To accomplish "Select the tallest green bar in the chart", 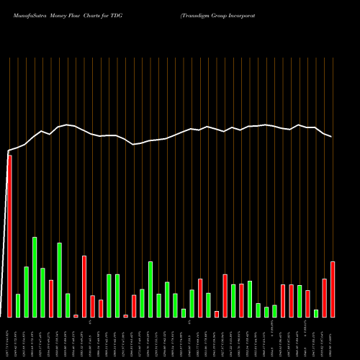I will coord(35,277).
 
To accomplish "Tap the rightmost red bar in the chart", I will coord(333,289).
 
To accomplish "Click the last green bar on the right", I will coord(316,313).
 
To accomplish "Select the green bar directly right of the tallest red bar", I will coord(18,305).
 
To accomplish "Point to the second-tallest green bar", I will coord(59,280).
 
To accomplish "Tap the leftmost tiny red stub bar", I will coord(76,315).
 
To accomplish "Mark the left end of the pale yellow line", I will coord(8,151).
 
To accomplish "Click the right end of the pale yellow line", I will coord(332,137).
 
